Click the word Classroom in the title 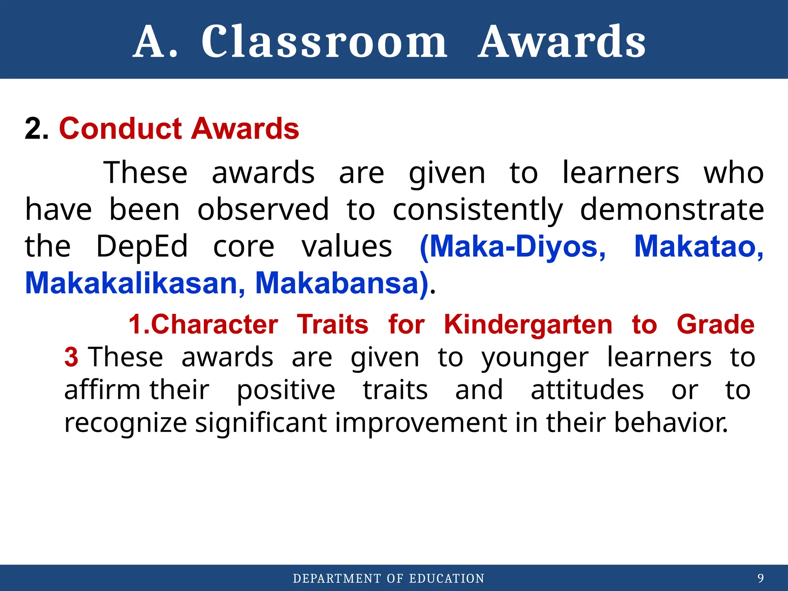pyautogui.click(x=324, y=42)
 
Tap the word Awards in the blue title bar pyautogui.click(x=562, y=42)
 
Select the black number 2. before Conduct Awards pyautogui.click(x=37, y=129)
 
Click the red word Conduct pyautogui.click(x=120, y=129)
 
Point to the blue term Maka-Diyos pyautogui.click(x=513, y=246)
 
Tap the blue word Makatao pyautogui.click(x=698, y=246)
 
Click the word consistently pyautogui.click(x=477, y=210)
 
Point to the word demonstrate pyautogui.click(x=672, y=210)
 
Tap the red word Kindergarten pyautogui.click(x=528, y=324)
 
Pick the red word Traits pyautogui.click(x=332, y=324)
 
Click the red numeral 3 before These pyautogui.click(x=71, y=357)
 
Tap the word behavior pyautogui.click(x=670, y=422)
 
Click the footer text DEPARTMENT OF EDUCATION pyautogui.click(x=389, y=578)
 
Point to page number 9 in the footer pyautogui.click(x=760, y=578)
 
